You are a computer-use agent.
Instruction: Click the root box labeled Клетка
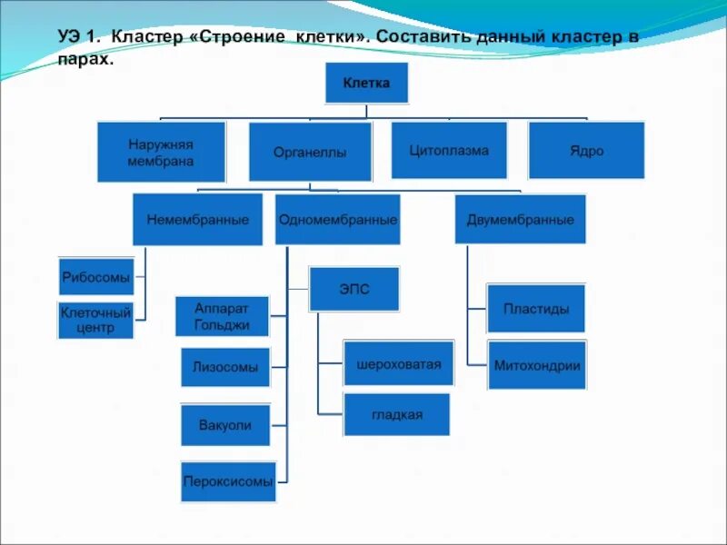(x=366, y=83)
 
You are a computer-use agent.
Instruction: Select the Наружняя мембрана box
(x=161, y=152)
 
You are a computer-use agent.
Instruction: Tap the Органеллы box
(x=310, y=152)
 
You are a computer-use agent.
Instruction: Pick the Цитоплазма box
(x=448, y=150)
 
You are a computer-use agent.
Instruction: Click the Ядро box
(x=586, y=150)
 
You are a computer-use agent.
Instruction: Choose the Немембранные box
(x=197, y=220)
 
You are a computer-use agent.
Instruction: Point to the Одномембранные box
(x=337, y=220)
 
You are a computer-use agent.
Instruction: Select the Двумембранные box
(x=520, y=219)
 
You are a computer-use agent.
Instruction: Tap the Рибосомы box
(x=95, y=276)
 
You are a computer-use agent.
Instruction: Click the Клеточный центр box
(x=95, y=320)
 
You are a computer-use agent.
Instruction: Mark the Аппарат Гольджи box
(x=222, y=316)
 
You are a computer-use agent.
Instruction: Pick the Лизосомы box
(x=224, y=367)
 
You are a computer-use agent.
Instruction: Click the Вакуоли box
(x=224, y=424)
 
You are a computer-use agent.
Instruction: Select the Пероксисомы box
(x=227, y=481)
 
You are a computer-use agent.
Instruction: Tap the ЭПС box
(x=354, y=289)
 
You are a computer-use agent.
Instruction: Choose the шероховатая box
(x=396, y=363)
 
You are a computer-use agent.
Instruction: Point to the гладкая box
(x=396, y=414)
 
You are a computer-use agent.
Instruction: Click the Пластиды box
(x=536, y=308)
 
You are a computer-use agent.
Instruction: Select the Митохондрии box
(x=536, y=365)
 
